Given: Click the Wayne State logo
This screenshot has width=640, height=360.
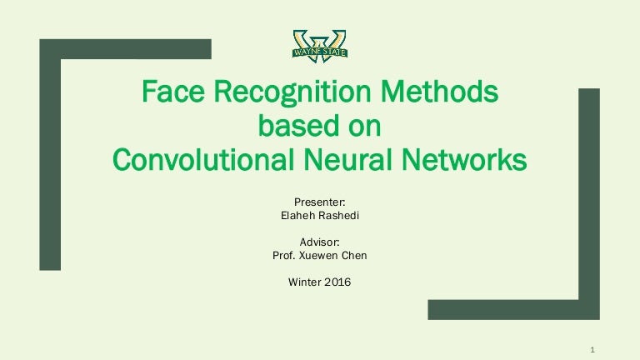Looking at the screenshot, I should click(x=320, y=43).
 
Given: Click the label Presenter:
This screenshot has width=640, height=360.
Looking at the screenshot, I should click(x=320, y=201).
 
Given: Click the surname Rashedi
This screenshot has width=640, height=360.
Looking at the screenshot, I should click(x=338, y=215).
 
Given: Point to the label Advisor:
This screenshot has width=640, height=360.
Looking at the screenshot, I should click(x=320, y=242).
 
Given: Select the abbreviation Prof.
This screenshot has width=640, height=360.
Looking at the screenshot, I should click(x=283, y=255).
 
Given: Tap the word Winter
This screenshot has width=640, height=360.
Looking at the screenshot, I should click(x=305, y=282).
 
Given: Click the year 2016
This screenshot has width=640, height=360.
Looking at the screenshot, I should click(x=338, y=282).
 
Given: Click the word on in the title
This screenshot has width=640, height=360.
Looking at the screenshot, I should click(x=364, y=127).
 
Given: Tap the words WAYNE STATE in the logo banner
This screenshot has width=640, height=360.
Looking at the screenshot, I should click(x=320, y=52).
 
